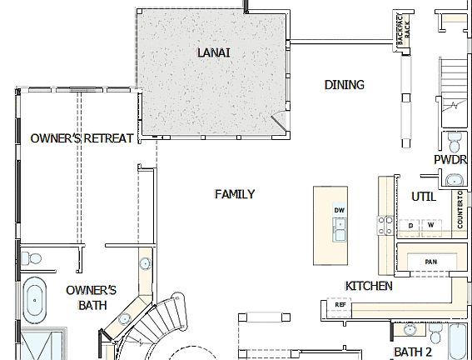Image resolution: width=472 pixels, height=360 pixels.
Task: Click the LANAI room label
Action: click(213, 52)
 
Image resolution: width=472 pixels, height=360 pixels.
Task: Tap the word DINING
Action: click(344, 84)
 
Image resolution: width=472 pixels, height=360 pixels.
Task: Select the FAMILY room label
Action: click(234, 194)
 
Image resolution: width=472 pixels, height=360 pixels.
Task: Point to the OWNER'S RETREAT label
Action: click(82, 138)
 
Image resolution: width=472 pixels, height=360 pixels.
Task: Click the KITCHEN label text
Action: click(369, 286)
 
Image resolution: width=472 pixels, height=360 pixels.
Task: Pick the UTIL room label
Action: click(424, 197)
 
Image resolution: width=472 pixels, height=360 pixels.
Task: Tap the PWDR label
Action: click(449, 160)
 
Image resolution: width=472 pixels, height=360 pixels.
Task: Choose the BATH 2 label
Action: click(414, 352)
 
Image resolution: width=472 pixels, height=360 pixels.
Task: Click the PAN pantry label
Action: click(430, 262)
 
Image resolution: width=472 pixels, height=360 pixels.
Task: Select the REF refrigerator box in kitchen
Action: click(340, 305)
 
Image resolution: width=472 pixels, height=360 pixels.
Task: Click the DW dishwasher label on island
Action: click(339, 209)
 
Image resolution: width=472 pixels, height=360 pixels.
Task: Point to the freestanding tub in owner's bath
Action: click(35, 300)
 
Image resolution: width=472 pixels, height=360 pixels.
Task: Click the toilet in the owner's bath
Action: click(32, 257)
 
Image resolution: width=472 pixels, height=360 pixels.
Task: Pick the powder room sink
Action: click(454, 179)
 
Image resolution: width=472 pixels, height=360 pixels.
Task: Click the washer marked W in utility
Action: click(431, 225)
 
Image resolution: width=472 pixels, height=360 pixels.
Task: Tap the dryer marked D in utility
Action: click(411, 225)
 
